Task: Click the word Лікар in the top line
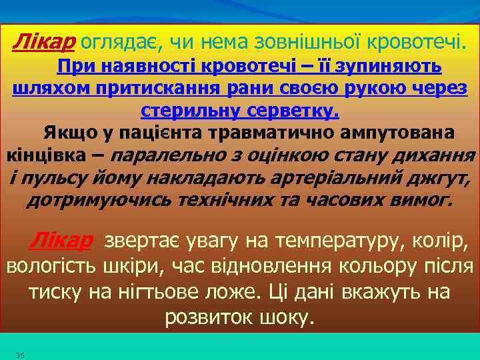43,43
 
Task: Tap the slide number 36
20,355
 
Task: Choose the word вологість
51,267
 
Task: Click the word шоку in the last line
287,317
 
